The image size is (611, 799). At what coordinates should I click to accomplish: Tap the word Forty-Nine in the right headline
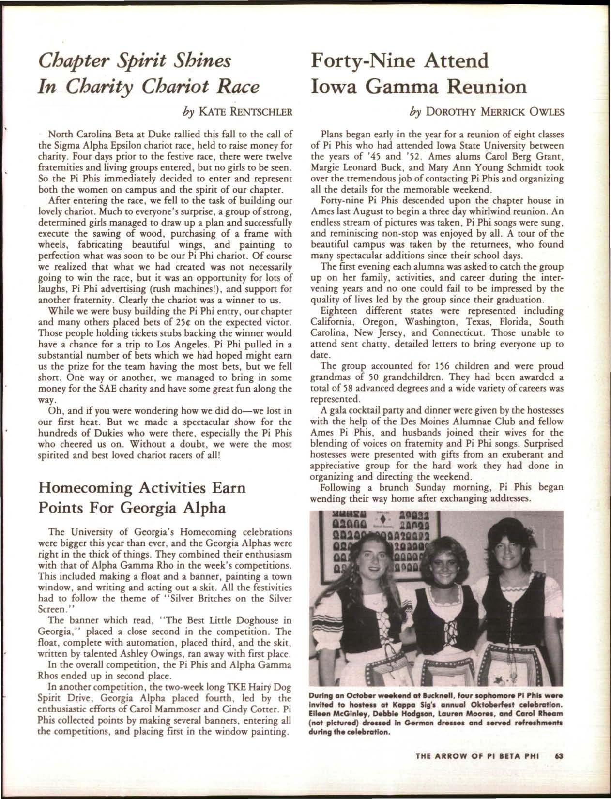click(x=366, y=62)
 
